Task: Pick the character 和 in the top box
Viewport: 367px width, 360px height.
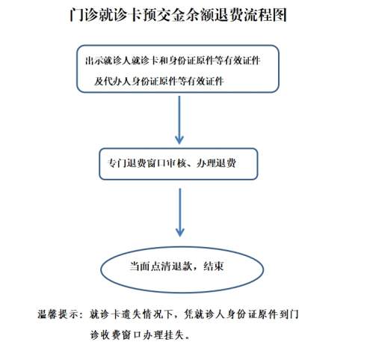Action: pos(164,61)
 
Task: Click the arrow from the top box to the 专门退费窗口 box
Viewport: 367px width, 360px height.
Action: pos(179,120)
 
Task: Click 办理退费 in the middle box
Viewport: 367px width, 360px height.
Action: pos(216,163)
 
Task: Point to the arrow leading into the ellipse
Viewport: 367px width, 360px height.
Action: pos(180,213)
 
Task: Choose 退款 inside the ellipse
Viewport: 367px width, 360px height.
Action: pos(182,266)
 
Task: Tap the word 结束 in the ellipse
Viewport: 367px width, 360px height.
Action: pos(214,266)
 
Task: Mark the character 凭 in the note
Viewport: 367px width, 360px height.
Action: pos(188,314)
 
